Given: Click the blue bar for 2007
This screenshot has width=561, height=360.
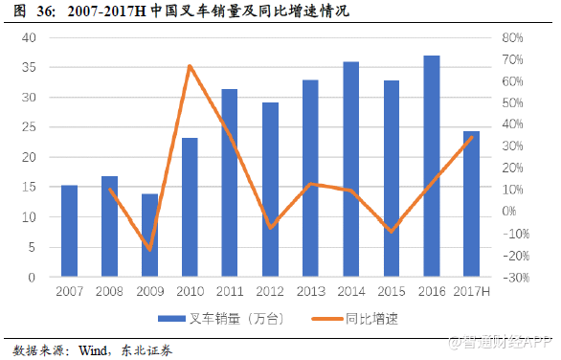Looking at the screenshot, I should (69, 231).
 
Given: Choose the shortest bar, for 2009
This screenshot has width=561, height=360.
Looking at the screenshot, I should (149, 235).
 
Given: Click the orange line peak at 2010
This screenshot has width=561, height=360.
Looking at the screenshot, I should (190, 66).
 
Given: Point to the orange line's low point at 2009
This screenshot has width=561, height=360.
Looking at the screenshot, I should (149, 249).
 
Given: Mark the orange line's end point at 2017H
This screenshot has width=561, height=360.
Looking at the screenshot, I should (472, 137).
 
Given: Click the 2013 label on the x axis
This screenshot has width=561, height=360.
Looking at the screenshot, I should (311, 291).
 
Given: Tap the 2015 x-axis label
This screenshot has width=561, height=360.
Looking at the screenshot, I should (392, 291).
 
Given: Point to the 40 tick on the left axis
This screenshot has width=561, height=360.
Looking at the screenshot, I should (29, 38).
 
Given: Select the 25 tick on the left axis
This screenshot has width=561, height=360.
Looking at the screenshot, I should (29, 128).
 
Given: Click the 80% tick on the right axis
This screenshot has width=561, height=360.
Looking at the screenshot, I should (510, 38).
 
